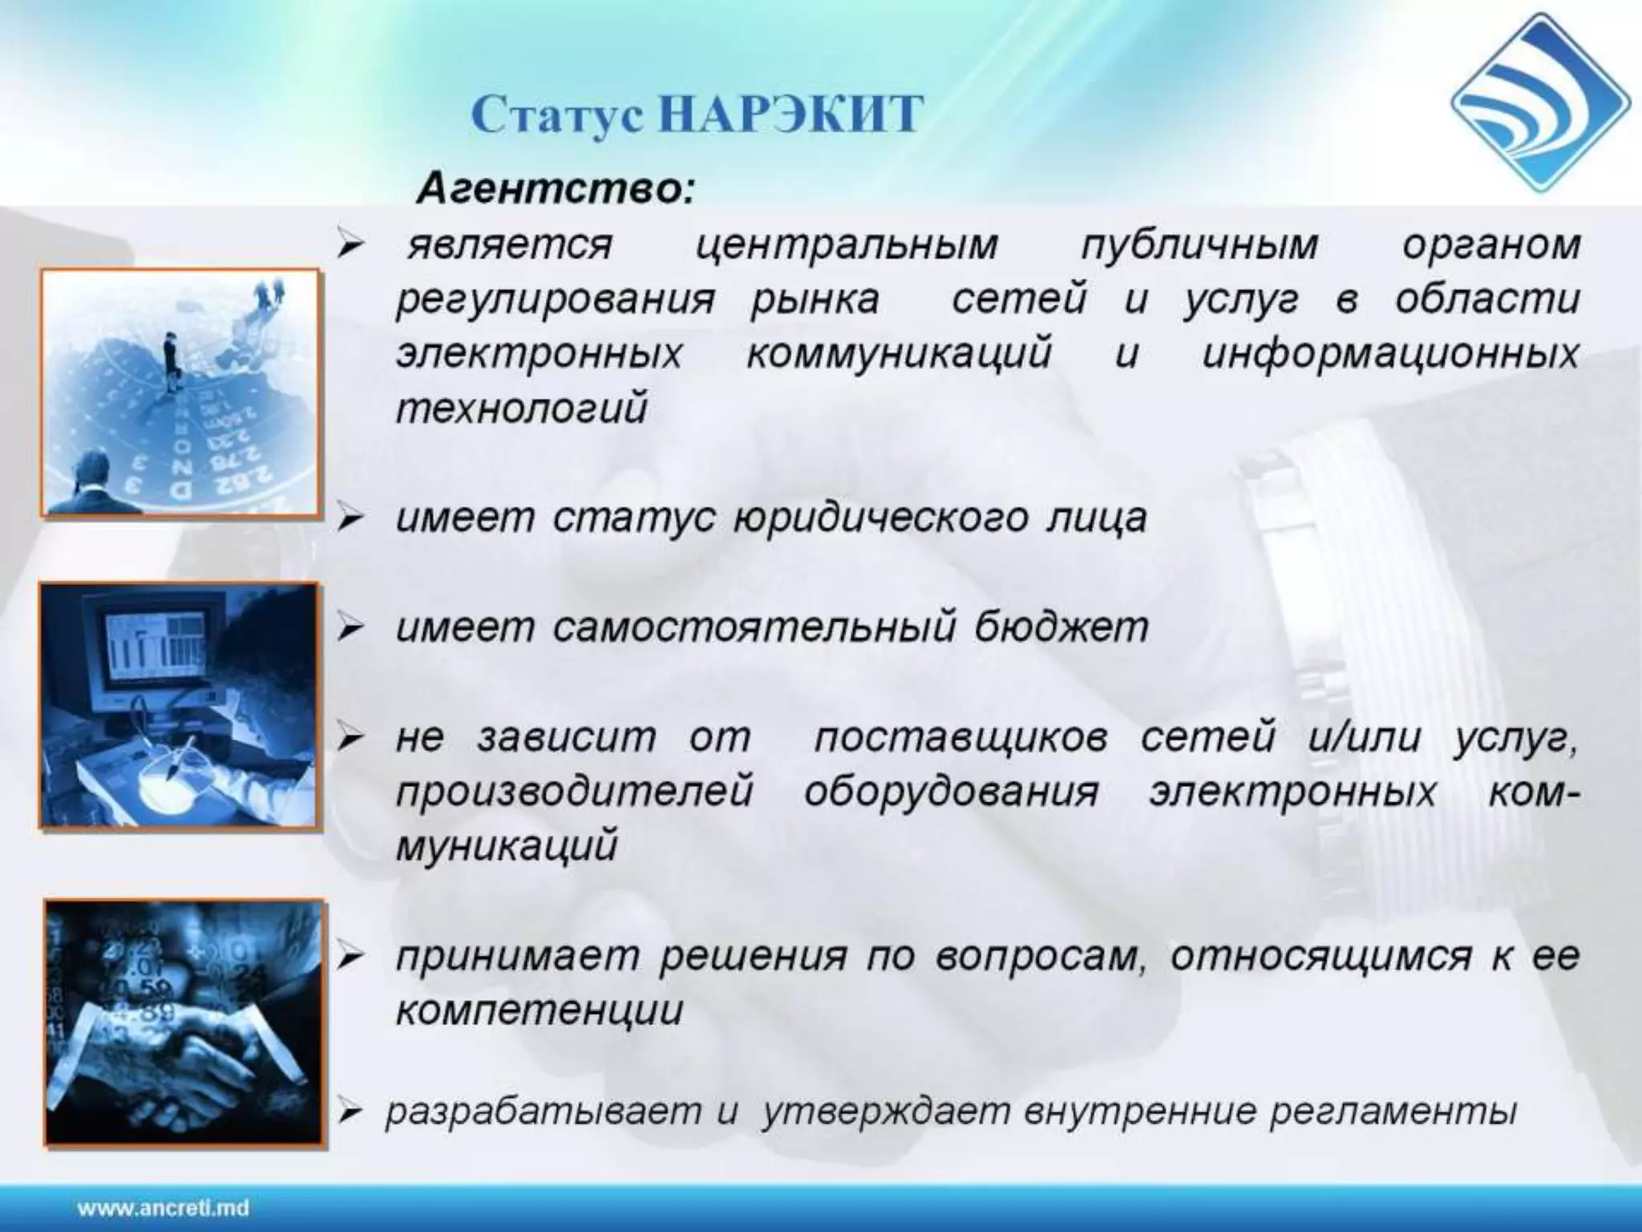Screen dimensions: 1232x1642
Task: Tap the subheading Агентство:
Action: (x=556, y=189)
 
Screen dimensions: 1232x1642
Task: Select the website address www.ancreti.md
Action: (x=163, y=1208)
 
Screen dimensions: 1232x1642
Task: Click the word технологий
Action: (x=521, y=409)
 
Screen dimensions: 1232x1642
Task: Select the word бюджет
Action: (x=1062, y=627)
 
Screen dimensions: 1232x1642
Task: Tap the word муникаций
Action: (x=507, y=846)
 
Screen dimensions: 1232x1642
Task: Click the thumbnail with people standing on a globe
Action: (x=180, y=393)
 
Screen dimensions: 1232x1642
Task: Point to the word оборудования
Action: (x=952, y=792)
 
